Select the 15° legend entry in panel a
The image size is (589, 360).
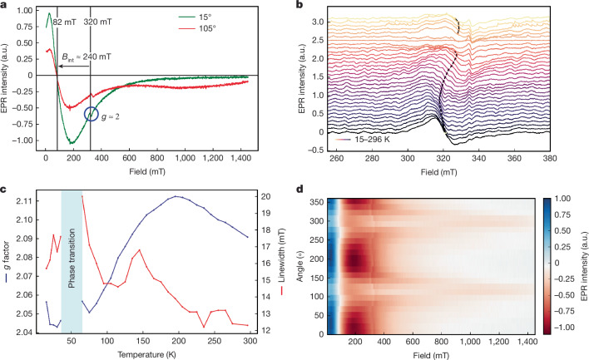[x=196, y=17]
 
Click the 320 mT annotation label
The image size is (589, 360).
[x=97, y=22]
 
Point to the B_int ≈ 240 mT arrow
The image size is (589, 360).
[x=73, y=66]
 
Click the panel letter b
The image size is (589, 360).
[x=299, y=5]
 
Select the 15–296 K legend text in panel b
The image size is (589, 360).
[x=372, y=140]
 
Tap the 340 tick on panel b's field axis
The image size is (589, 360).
[x=478, y=159]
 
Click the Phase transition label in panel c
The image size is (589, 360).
[x=72, y=259]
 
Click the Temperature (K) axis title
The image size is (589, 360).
[x=146, y=354]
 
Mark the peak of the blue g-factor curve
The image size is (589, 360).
[x=176, y=196]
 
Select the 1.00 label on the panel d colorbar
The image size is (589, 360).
[x=562, y=199]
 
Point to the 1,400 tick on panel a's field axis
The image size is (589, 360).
[x=240, y=159]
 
